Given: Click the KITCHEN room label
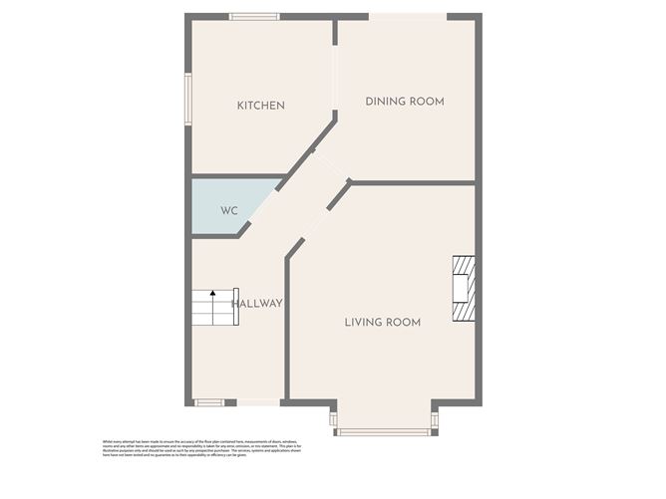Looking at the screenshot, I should tap(260, 106).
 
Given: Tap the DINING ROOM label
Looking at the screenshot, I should tap(404, 102).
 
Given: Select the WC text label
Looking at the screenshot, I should tap(229, 211).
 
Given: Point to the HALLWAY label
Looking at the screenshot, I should tap(257, 303).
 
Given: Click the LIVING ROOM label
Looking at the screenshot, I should tap(382, 322).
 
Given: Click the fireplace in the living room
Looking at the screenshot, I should tap(464, 289).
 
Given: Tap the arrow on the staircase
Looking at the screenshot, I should tap(211, 295).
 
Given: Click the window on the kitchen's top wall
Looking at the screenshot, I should tap(253, 16).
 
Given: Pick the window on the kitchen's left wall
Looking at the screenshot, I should tap(186, 99).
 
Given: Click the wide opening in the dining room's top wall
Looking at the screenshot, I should tap(408, 16).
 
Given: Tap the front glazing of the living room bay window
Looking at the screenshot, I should tap(384, 431).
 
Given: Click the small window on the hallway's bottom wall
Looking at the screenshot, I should tap(208, 402).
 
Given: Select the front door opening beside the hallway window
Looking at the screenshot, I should tap(257, 402).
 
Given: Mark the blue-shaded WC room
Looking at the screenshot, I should tap(224, 206).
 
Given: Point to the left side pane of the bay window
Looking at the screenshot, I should tap(333, 418).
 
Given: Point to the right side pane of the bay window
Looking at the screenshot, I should tap(435, 418).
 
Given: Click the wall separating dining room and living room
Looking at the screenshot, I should tap(411, 182).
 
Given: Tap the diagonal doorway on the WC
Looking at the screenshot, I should tap(261, 207).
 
